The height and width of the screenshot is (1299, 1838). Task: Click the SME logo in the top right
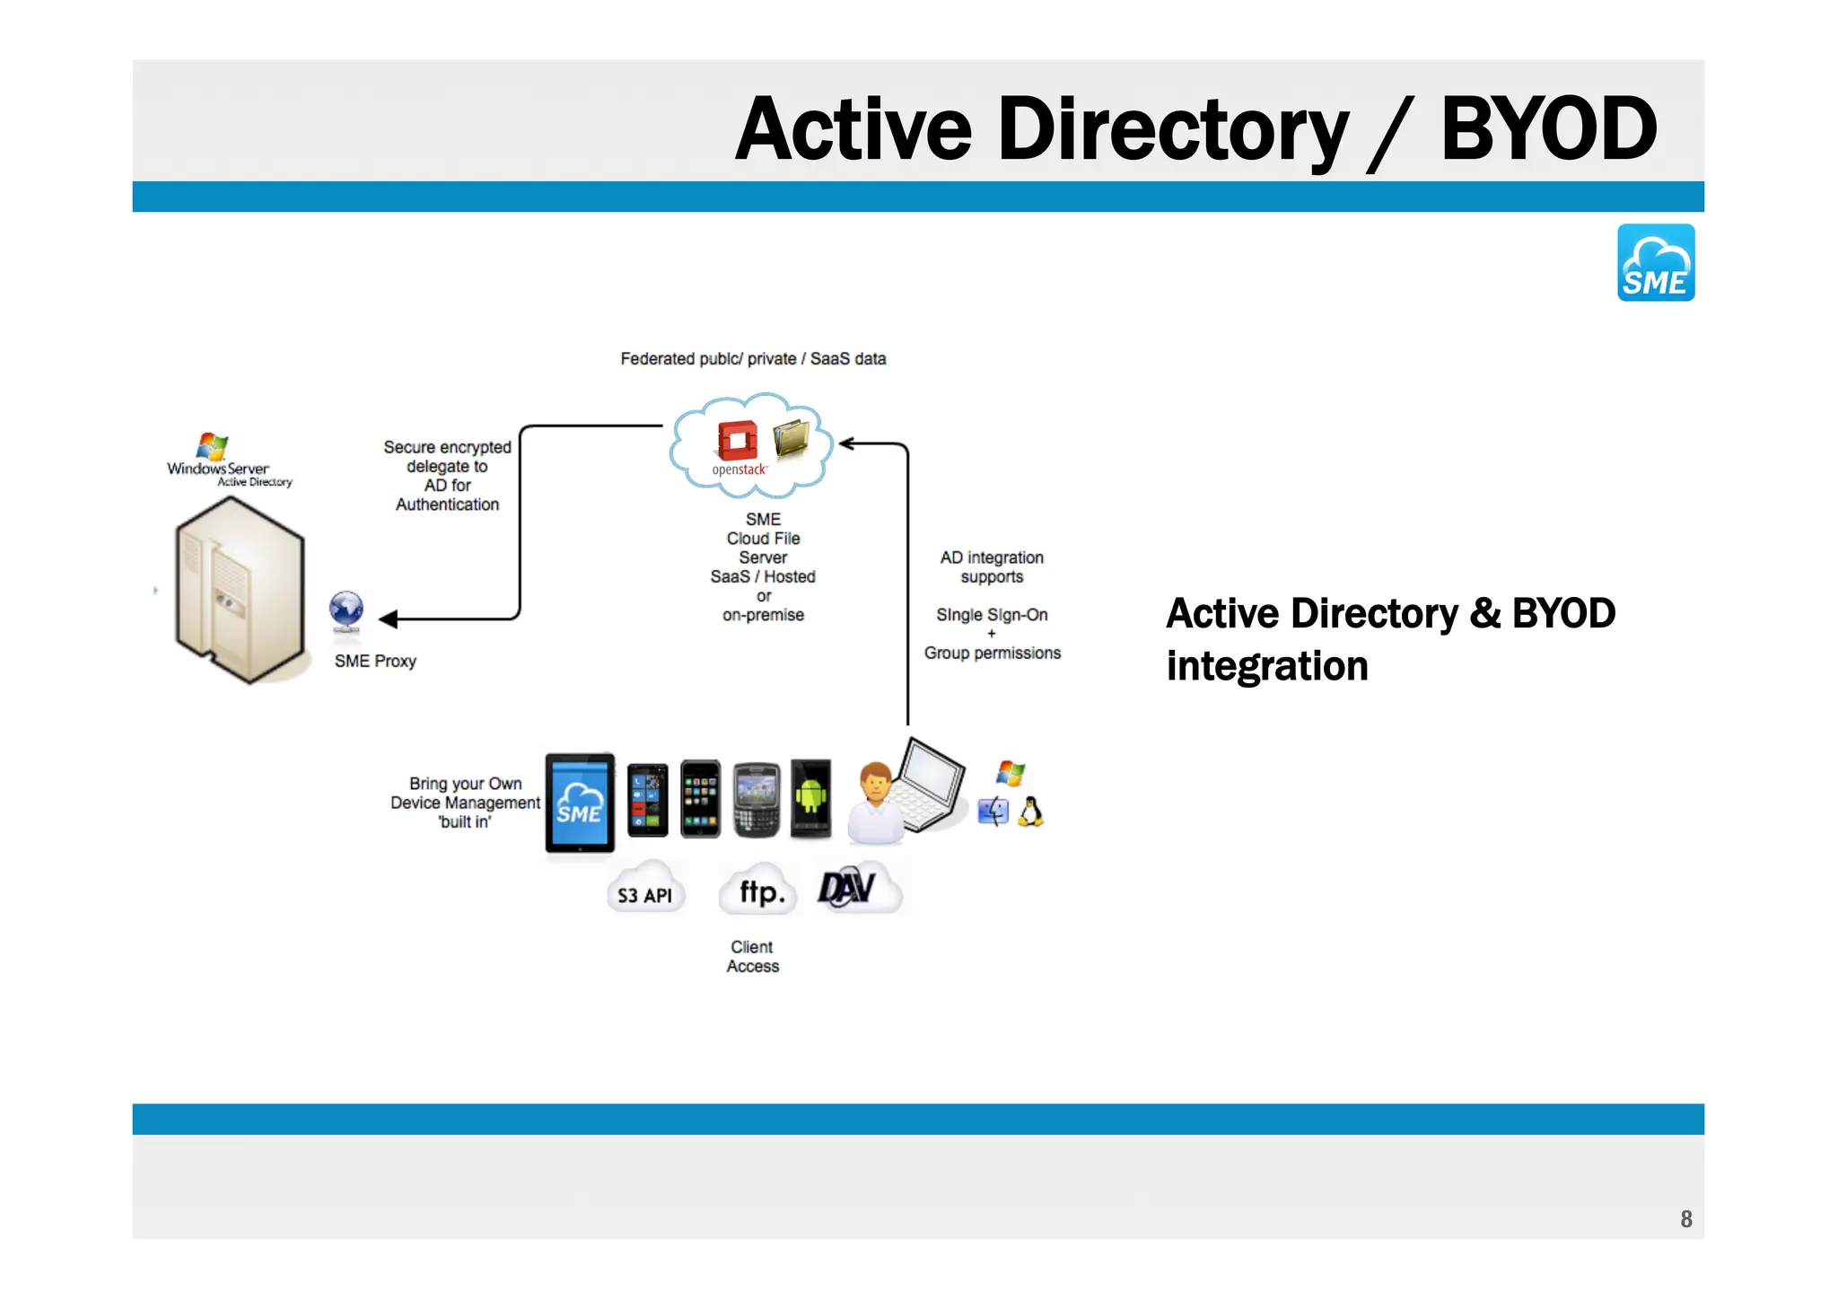(x=1655, y=262)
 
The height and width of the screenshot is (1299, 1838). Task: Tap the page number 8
(x=1685, y=1218)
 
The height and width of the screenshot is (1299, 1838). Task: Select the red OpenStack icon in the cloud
(x=737, y=441)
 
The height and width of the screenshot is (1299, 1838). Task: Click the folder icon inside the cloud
(x=792, y=436)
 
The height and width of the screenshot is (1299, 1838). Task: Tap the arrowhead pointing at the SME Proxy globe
(x=389, y=619)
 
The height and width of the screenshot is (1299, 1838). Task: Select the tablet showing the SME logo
(x=580, y=803)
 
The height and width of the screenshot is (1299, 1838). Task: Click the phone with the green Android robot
(x=810, y=798)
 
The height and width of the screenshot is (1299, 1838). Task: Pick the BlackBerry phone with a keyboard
(x=756, y=800)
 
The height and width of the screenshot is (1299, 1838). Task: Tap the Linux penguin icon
(x=1030, y=812)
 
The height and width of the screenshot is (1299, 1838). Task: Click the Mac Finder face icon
(x=993, y=812)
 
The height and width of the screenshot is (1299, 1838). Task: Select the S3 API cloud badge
(x=645, y=891)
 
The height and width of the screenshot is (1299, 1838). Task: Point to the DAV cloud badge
(x=857, y=888)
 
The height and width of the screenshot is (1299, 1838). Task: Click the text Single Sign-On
(x=991, y=615)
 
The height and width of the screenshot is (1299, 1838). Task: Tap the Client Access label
(x=752, y=956)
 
